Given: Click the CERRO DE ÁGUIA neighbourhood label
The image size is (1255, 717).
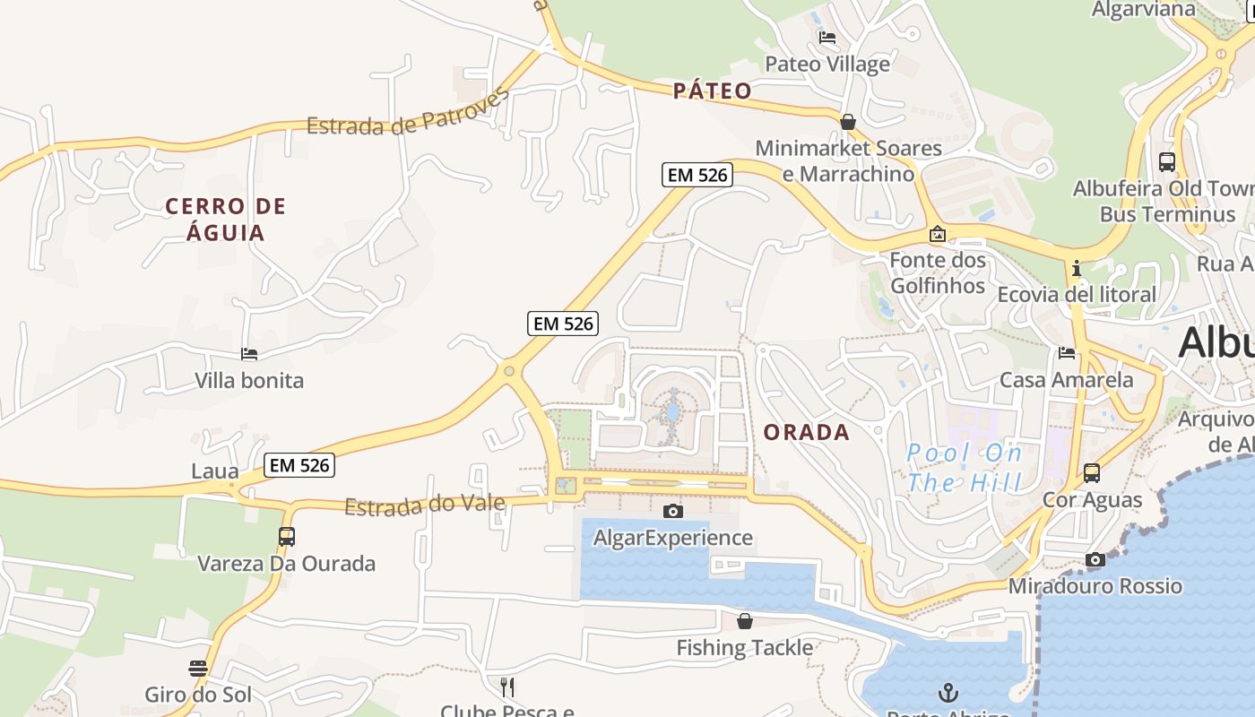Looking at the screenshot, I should coord(226,220).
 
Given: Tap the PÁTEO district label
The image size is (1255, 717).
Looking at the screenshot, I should coord(713,91).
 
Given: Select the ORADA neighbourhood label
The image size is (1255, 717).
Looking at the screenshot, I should coord(807,432).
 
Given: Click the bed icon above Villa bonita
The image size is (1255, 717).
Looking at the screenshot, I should coord(249,355).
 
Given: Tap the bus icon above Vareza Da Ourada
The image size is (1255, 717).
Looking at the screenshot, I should coord(286,537).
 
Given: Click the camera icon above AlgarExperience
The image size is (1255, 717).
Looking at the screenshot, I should coord(672,511).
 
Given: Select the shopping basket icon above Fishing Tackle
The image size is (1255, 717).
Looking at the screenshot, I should coord(744,621).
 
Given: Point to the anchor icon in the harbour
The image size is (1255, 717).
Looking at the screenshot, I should coord(948,692).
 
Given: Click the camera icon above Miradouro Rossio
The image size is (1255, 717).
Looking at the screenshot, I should coord(1095,560).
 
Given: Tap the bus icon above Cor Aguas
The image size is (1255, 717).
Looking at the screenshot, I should coord(1091,472).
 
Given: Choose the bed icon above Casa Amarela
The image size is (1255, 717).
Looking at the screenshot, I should coord(1066,353).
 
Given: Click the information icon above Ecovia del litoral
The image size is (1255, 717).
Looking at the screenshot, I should coord(1076,268).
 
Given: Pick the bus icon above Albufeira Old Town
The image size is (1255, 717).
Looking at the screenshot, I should coord(1166,162).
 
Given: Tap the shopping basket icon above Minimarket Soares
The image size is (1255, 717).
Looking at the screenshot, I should coord(847,121).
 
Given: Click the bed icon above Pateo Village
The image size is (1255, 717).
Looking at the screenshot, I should coord(827,38).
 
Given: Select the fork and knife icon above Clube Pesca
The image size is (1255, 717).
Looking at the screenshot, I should coord(506,687).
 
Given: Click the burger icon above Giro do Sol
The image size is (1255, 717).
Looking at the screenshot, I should coord(198,669).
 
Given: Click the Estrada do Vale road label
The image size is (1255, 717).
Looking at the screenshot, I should coord(424,505).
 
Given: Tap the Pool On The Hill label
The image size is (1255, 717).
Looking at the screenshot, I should coord(964,468).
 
